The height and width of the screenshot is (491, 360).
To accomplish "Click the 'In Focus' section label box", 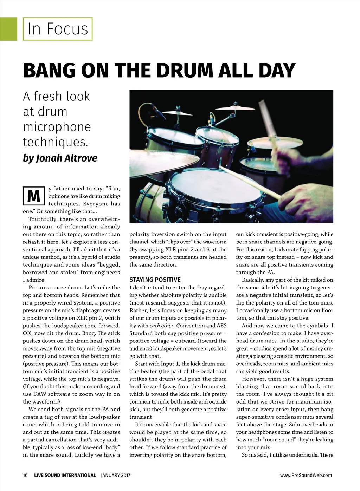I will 58,29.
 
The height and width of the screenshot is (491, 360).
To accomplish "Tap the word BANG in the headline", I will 50,71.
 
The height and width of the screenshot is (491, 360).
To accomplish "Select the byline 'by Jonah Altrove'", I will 60,158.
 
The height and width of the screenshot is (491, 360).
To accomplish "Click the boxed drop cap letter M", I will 33,196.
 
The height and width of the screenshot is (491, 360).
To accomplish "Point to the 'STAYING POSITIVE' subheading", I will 155,280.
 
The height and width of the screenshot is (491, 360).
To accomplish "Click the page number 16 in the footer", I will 25,475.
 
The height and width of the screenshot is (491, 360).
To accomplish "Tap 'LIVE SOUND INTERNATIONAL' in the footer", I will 65,475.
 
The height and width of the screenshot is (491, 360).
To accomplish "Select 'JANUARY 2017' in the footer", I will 115,475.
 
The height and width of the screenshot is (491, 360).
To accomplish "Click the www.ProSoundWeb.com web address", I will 306,475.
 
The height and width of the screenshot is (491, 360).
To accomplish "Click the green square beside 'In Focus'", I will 8,29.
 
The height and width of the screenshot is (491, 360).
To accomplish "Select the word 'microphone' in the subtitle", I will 57,127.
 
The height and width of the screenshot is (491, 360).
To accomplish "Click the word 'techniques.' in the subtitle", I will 55,142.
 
